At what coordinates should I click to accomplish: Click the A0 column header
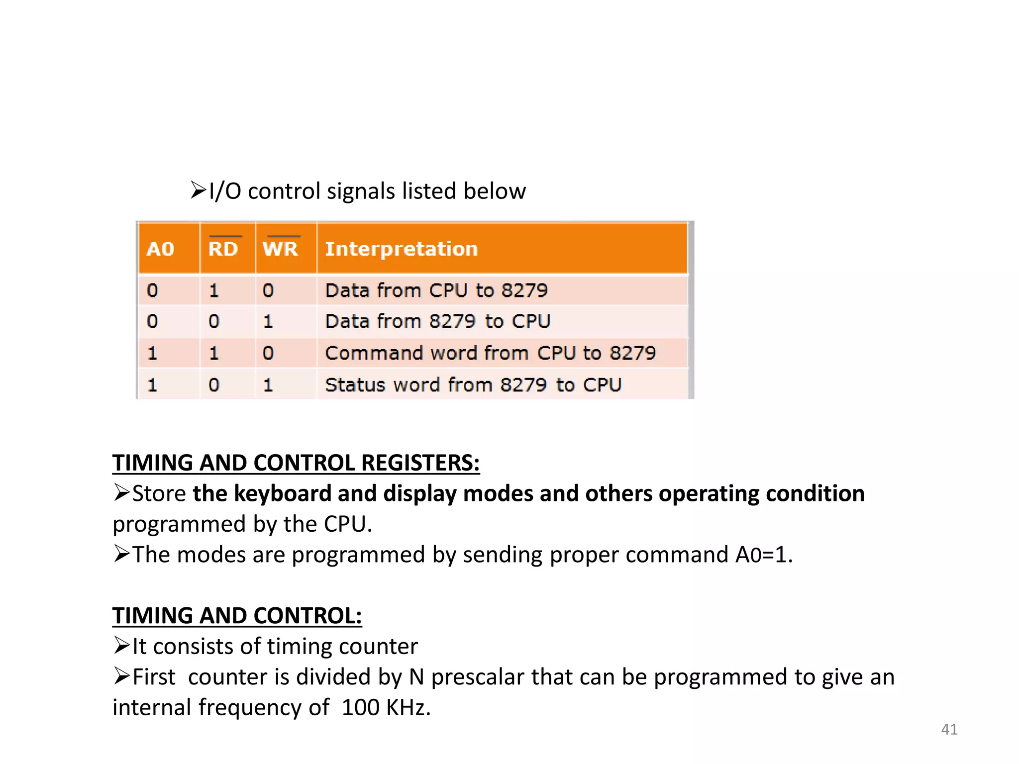click(160, 249)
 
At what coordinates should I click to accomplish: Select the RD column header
click(223, 248)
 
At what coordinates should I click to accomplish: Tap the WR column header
click(281, 248)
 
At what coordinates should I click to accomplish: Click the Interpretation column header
click(401, 249)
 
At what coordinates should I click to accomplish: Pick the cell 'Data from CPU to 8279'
click(436, 290)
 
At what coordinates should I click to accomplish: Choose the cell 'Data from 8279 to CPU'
click(437, 321)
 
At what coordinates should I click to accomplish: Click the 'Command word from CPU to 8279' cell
click(490, 353)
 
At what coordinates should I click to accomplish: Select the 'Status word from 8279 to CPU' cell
click(473, 385)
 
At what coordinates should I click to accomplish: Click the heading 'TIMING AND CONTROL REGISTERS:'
click(296, 463)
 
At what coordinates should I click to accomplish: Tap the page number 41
click(949, 729)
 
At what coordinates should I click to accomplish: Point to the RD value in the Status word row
click(214, 385)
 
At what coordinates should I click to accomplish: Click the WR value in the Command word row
click(268, 353)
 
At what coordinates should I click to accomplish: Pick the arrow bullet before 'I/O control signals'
click(198, 190)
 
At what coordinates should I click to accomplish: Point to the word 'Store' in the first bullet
click(159, 493)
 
